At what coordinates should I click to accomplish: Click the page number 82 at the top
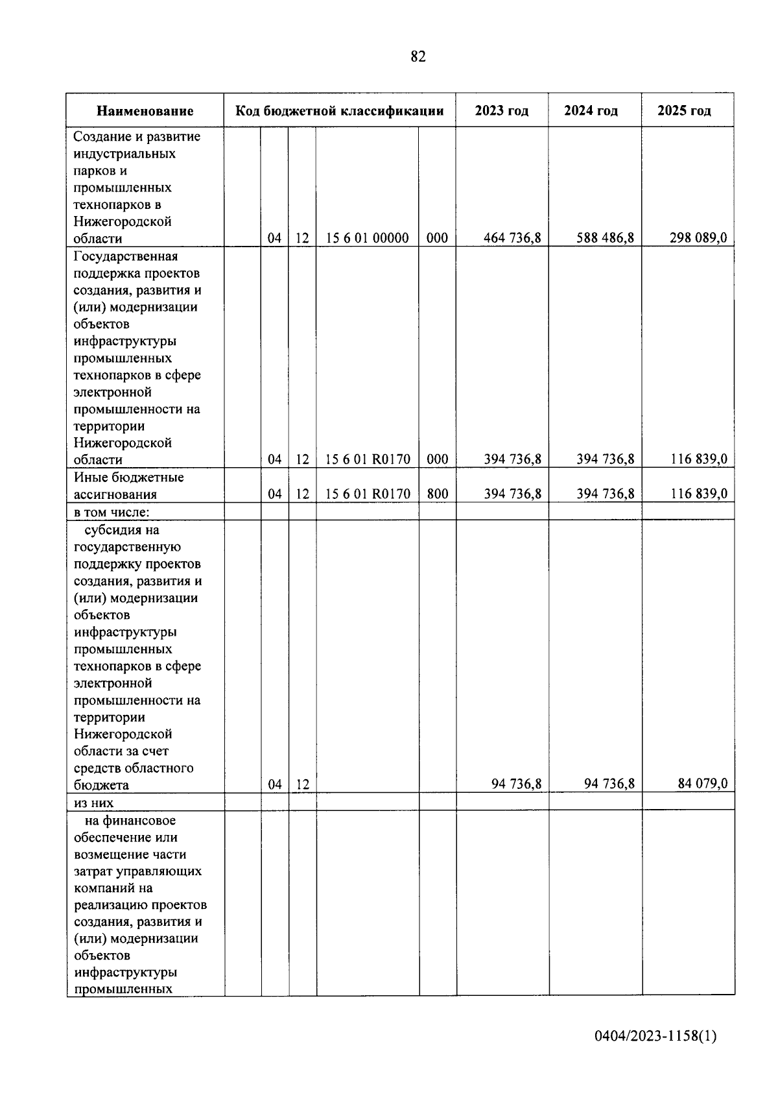[418, 57]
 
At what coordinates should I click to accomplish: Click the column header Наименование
[145, 111]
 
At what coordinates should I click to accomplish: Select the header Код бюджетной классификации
[339, 111]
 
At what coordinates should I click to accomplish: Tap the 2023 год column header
[501, 111]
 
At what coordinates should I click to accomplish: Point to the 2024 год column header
[591, 111]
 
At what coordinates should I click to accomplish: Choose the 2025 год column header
[684, 111]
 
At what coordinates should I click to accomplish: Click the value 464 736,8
[512, 238]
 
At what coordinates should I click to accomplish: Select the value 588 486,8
[605, 238]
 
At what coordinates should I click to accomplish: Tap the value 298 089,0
[698, 238]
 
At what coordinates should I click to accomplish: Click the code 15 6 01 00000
[367, 238]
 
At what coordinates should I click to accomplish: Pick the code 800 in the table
[438, 494]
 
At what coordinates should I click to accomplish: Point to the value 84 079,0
[702, 784]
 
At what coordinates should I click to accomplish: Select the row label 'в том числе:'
[112, 512]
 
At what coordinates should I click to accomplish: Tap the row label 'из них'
[93, 803]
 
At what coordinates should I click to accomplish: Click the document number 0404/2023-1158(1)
[655, 1036]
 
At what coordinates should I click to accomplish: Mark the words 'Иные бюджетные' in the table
[128, 478]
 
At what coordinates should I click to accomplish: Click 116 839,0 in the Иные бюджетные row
[698, 494]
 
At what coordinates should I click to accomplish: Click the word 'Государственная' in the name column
[125, 256]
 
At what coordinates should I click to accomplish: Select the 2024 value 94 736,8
[609, 784]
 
